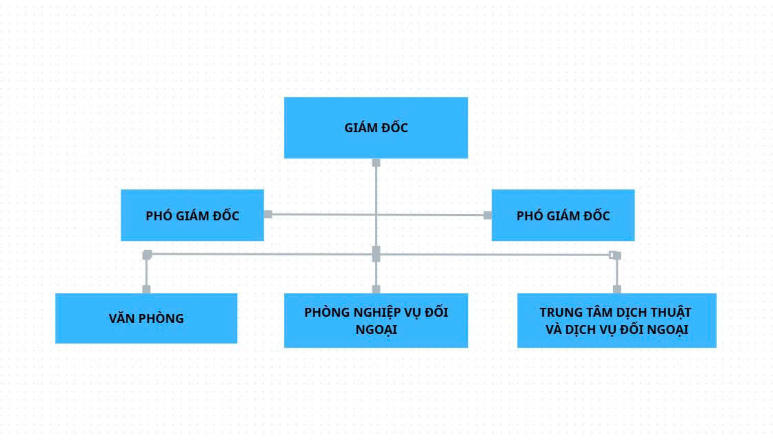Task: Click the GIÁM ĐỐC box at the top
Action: [376, 127]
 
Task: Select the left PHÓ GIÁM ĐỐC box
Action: [192, 216]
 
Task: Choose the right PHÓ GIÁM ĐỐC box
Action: [563, 216]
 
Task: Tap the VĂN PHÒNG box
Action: [146, 318]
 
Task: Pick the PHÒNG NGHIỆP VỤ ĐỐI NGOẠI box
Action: [376, 320]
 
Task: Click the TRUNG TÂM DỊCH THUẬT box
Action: [616, 320]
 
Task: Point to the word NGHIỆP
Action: [382, 312]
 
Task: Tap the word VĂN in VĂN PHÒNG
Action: [121, 318]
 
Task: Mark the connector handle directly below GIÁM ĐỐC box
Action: [376, 163]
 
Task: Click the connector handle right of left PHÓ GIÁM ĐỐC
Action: [268, 214]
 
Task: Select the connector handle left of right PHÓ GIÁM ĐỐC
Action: [488, 215]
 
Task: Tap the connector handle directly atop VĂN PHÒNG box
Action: [146, 289]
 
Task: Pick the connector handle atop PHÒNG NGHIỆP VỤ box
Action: [376, 289]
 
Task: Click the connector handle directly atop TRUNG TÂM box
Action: [616, 289]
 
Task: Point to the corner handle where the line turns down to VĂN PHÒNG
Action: [147, 255]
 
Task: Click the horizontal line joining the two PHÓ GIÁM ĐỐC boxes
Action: [317, 214]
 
